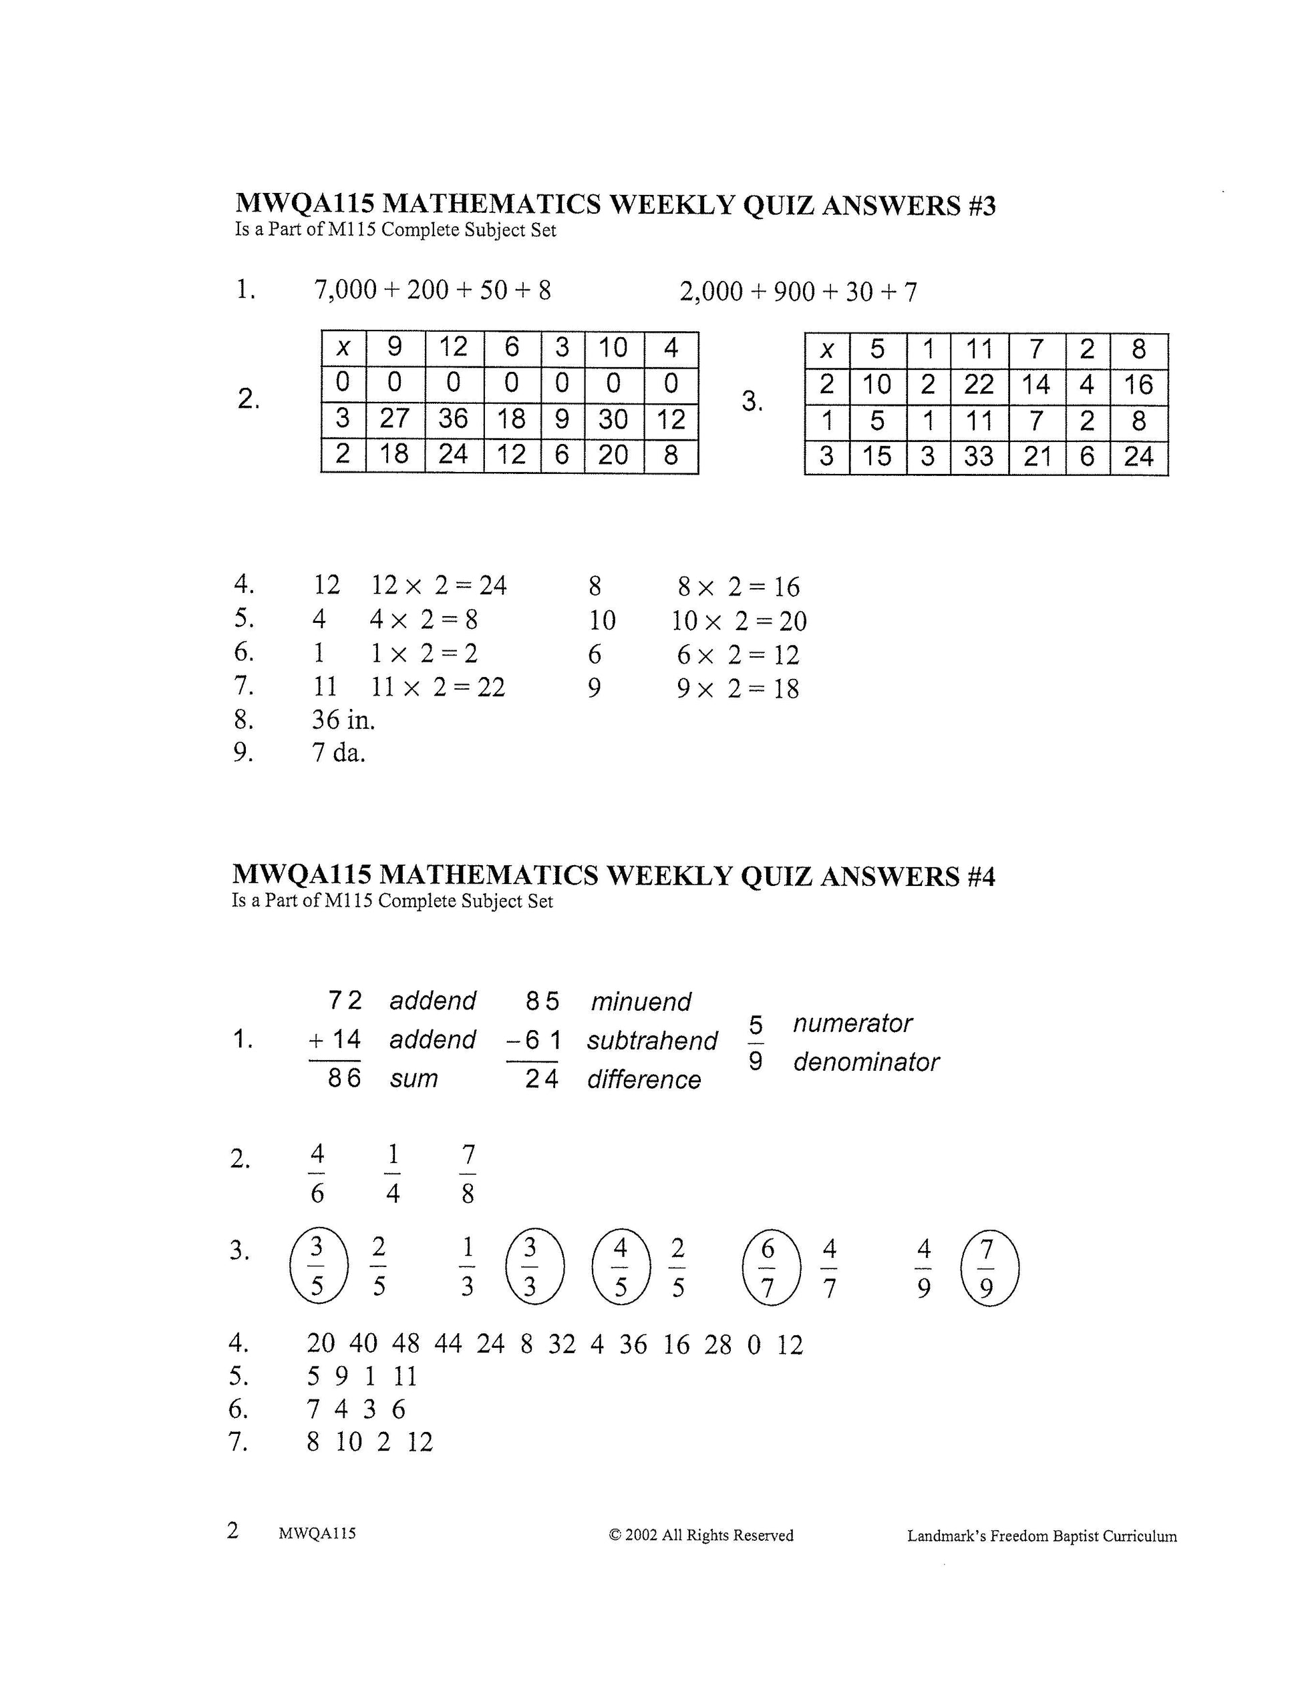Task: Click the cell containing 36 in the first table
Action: tap(454, 419)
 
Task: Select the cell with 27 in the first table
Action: tap(394, 419)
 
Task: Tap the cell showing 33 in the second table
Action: tap(978, 457)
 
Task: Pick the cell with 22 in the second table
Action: tap(978, 384)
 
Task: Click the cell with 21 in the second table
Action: tap(1037, 457)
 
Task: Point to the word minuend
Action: tap(641, 1001)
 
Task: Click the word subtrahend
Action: tap(651, 1041)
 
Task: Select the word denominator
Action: tap(866, 1062)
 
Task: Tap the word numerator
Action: tap(852, 1023)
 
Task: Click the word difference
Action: tap(644, 1080)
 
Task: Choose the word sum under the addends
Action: tap(414, 1078)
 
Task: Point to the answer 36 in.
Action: tap(343, 720)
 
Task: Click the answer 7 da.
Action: tap(338, 753)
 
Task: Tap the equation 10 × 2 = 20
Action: tap(739, 621)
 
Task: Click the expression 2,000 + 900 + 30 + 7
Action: tap(798, 292)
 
